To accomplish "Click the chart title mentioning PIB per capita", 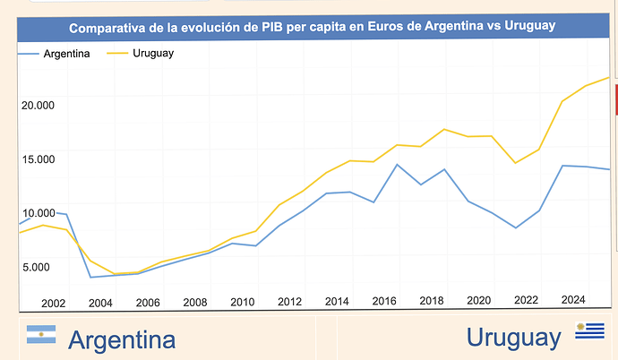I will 313,27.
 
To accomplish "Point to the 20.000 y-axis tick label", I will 38,105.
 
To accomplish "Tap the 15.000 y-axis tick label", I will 38,159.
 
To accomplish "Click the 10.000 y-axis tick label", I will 38,213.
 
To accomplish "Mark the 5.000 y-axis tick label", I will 39,267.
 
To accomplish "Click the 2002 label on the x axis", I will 54,303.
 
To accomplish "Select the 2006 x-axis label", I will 148,303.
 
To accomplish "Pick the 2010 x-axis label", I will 243,303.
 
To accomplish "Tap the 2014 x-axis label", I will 337,303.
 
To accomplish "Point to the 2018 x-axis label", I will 432,303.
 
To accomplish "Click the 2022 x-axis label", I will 526,303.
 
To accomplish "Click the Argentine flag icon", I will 41,336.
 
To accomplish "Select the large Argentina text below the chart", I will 121,339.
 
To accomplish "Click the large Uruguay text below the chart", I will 511,338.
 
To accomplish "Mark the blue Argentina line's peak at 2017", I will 397,164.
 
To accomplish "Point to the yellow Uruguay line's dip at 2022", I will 515,163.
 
